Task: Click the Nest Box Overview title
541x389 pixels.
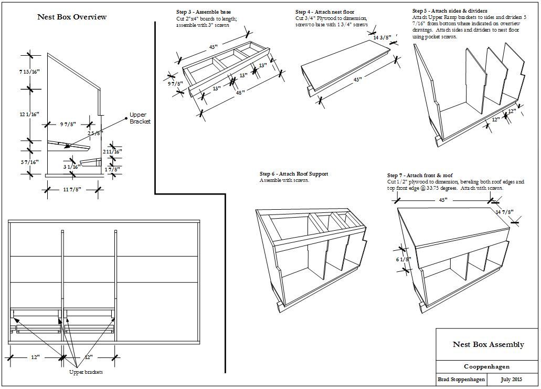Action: click(x=72, y=17)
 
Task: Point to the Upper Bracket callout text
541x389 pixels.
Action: click(x=140, y=118)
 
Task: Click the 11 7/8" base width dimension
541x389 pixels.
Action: click(x=72, y=190)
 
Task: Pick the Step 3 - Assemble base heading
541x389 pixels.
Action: click(x=203, y=12)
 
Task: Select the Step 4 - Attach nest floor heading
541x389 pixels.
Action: click(x=324, y=12)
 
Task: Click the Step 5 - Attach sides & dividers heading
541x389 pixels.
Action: click(x=450, y=11)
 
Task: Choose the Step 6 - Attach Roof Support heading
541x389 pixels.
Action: click(x=294, y=174)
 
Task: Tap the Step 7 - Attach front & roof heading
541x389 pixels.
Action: click(x=420, y=175)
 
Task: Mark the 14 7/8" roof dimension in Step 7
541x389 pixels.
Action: click(x=504, y=212)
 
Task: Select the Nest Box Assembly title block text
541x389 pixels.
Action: click(x=488, y=344)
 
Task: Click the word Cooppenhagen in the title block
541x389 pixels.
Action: click(x=486, y=367)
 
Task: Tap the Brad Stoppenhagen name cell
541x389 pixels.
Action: click(x=461, y=379)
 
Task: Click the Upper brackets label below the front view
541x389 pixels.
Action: click(x=86, y=372)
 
